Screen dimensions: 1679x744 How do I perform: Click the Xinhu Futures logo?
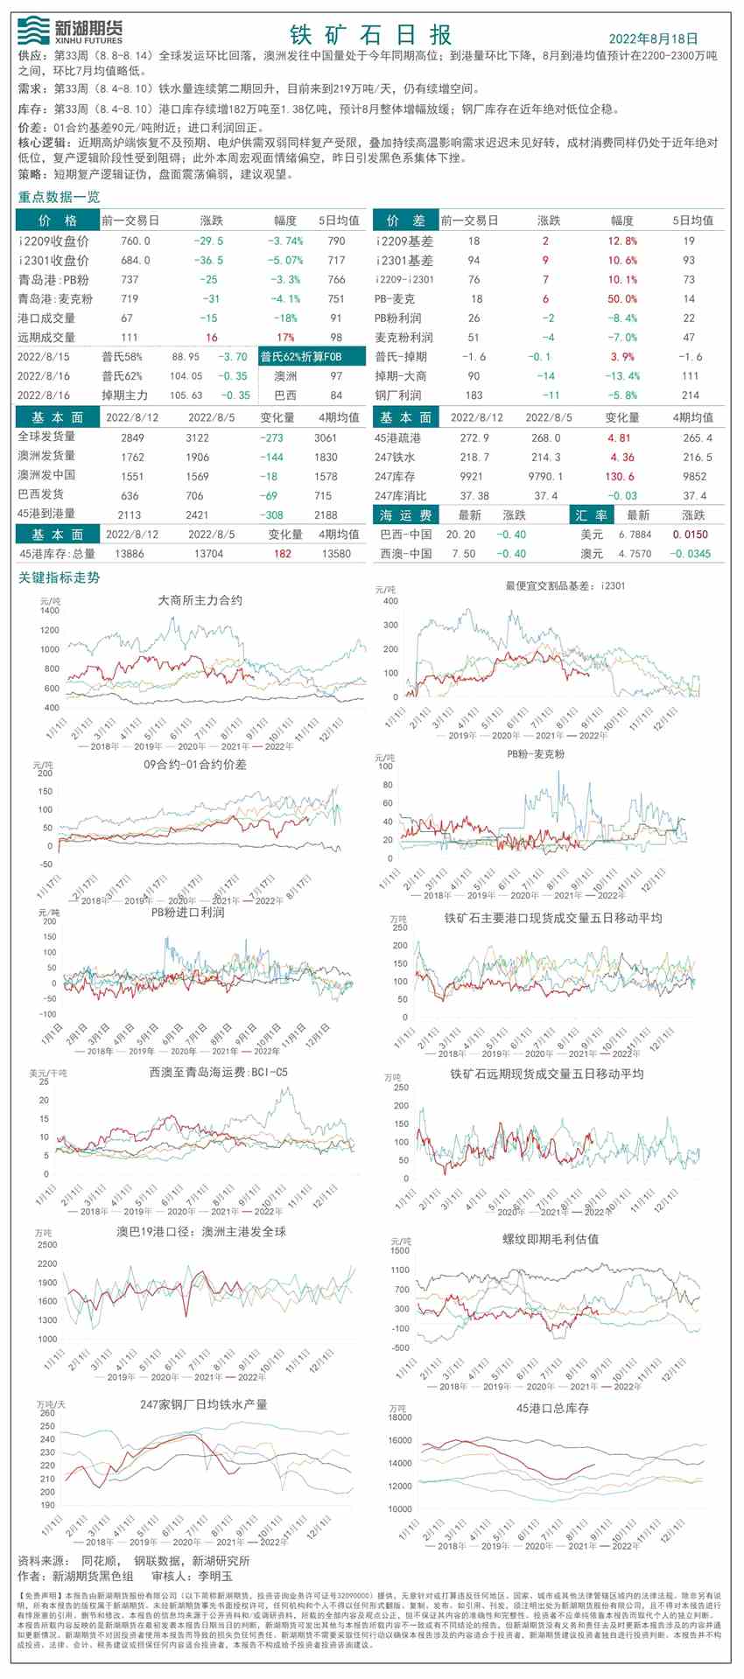[70, 31]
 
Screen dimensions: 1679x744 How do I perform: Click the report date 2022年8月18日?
[653, 38]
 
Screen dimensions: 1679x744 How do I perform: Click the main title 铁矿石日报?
[371, 35]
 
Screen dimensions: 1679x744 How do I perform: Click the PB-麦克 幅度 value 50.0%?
[622, 298]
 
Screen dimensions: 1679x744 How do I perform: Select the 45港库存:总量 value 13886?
[130, 553]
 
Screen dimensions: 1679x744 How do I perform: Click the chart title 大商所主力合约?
[200, 600]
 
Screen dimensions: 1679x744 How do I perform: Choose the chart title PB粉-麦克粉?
[535, 753]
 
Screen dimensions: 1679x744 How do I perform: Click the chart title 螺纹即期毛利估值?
[551, 1238]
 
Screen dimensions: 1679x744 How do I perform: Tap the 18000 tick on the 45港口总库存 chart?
[400, 1417]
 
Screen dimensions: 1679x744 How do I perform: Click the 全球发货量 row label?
[47, 437]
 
